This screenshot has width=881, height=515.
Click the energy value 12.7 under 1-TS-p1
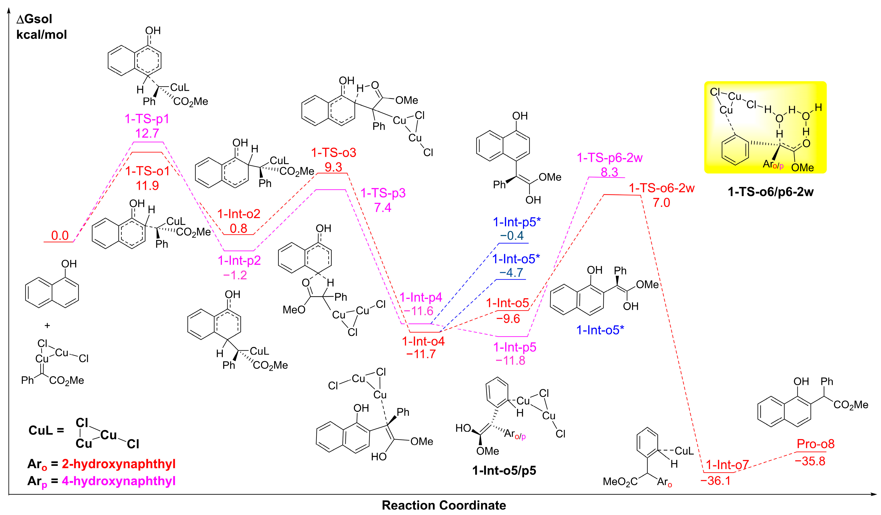[147, 133]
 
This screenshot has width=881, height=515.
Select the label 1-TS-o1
[147, 171]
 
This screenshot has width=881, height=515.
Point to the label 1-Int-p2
[239, 261]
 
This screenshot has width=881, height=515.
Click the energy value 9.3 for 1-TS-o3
[333, 167]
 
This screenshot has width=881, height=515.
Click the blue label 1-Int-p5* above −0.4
[517, 222]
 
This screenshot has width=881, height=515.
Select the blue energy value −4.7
[511, 272]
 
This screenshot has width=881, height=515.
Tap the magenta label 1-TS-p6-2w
[610, 158]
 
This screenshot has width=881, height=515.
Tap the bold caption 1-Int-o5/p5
[504, 471]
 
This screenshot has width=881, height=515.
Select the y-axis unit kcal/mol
[42, 35]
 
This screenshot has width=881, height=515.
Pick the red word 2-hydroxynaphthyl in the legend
[118, 464]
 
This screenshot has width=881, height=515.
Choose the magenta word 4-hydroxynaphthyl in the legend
[118, 481]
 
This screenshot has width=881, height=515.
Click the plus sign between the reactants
[47, 326]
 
